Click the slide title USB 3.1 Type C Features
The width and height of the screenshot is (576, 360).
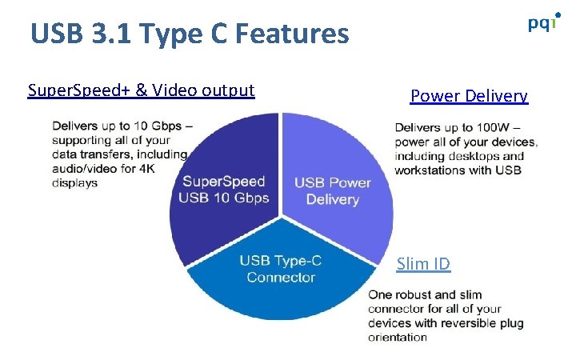(190, 34)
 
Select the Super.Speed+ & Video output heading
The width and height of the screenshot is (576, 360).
(141, 90)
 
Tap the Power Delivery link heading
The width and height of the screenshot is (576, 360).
(469, 96)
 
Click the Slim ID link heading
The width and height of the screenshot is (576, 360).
(423, 263)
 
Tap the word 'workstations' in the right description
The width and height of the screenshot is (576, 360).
(433, 170)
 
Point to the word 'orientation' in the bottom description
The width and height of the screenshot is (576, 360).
(397, 337)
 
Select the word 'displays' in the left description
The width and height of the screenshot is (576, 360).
(74, 183)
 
